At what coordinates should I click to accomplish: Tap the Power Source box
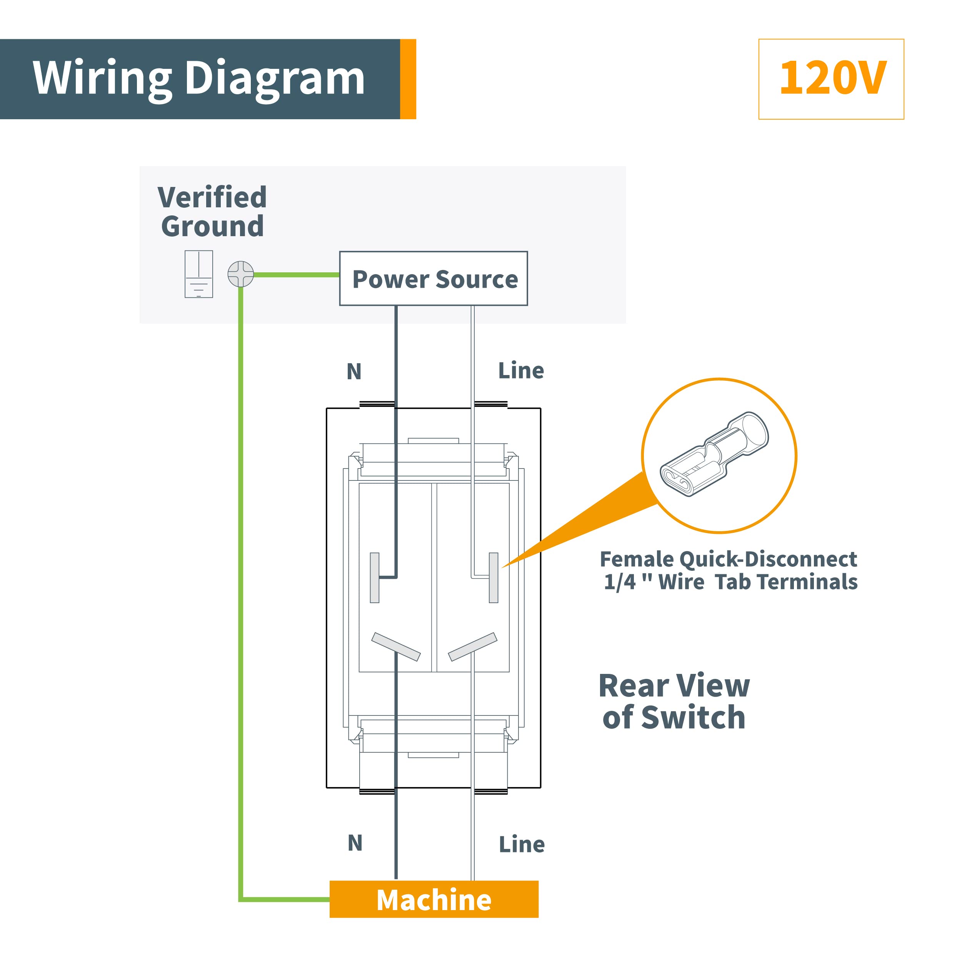[x=433, y=278]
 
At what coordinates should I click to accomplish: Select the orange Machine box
[x=434, y=899]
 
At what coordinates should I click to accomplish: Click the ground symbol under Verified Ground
[x=199, y=274]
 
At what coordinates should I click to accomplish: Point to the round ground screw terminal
[x=240, y=274]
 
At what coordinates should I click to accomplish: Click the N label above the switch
[x=354, y=372]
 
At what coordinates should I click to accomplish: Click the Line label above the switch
[x=521, y=370]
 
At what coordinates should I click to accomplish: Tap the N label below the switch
[x=355, y=843]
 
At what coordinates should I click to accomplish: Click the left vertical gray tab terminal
[x=374, y=578]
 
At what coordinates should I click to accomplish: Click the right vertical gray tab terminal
[x=494, y=578]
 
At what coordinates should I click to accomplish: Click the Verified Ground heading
[x=212, y=212]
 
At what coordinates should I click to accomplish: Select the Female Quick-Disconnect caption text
[x=729, y=570]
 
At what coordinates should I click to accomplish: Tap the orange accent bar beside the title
[x=408, y=79]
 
